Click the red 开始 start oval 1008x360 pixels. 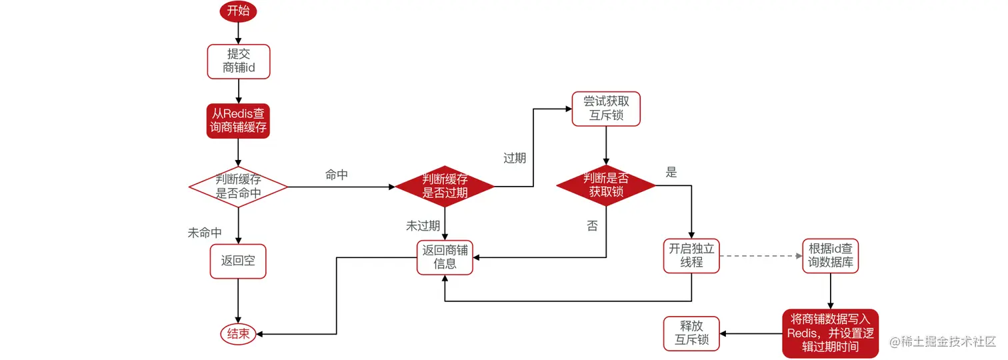(238, 12)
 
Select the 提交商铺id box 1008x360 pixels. (238, 61)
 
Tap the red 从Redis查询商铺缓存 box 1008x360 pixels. (238, 121)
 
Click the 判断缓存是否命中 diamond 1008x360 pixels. (238, 187)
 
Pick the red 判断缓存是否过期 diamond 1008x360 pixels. (445, 187)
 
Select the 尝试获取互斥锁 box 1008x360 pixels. (606, 109)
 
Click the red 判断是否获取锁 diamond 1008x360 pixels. (606, 186)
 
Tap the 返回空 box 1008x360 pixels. (238, 261)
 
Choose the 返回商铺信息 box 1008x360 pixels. (445, 257)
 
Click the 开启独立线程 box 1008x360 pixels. (691, 256)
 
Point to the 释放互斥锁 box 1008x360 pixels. (691, 333)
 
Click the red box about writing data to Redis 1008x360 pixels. (831, 333)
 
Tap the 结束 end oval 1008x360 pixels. (238, 334)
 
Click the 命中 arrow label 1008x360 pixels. (337, 175)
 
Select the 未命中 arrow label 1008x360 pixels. (205, 233)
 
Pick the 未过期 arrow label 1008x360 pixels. (423, 226)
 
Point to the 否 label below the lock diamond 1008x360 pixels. (592, 226)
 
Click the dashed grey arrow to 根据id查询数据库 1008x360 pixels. (761, 256)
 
